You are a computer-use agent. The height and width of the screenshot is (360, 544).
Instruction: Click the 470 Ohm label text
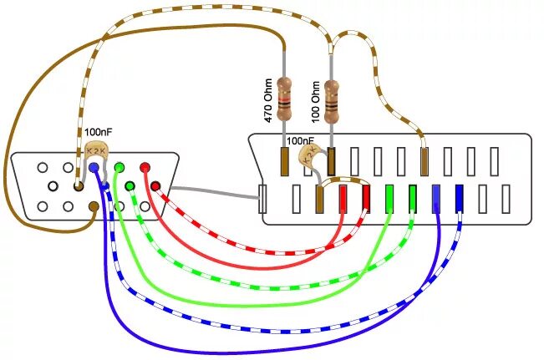coord(269,101)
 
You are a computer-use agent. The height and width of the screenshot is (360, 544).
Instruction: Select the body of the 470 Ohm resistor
coord(286,99)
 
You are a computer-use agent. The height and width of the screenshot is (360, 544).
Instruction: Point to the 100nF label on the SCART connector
coord(300,141)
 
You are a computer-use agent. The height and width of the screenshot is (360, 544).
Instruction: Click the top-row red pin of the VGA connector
coord(145,168)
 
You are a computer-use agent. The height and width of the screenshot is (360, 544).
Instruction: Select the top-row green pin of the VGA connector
coord(119,168)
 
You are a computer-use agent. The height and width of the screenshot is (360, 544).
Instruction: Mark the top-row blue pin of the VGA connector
coord(94,168)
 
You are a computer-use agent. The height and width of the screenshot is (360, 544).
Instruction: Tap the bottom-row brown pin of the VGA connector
coord(94,205)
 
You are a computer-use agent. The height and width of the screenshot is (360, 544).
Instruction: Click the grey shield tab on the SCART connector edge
coord(263,199)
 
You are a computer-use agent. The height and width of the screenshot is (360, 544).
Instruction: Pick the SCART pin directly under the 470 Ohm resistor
coord(284,160)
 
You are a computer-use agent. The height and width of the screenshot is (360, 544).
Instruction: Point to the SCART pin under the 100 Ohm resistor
coord(332,160)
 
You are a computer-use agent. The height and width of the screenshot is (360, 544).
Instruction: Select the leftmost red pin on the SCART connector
coord(343,197)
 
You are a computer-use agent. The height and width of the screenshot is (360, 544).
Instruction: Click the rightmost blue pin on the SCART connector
coord(459,197)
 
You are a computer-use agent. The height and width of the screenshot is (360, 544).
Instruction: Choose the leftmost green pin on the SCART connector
coord(389,197)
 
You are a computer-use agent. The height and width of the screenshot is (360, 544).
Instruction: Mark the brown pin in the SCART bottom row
coord(319,199)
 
